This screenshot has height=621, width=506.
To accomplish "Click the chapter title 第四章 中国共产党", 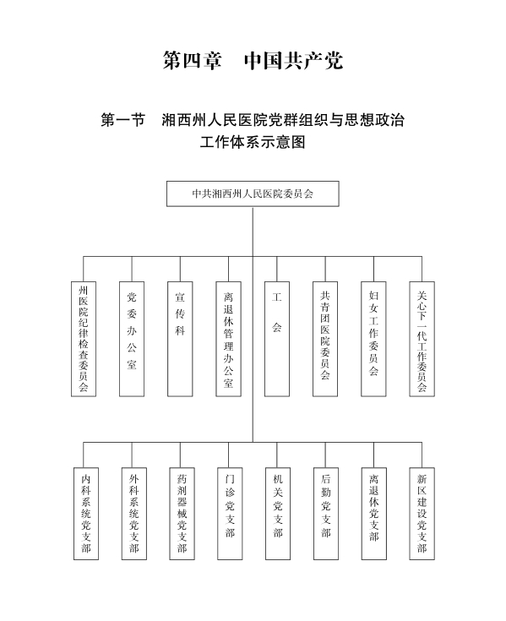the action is point(253,61).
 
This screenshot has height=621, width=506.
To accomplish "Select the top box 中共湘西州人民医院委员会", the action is point(253,193).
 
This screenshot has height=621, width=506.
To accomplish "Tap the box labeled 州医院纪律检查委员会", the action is point(84,339).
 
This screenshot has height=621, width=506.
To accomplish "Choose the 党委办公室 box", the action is point(132,339).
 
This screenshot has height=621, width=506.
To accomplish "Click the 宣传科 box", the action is point(180,339).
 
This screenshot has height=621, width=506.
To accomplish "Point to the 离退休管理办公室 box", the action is point(228,339).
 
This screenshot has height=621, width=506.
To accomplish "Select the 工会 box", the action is point(277,339).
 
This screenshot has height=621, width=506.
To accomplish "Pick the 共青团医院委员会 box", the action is point(325,339).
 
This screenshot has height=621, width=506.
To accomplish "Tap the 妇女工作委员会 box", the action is point(373,339).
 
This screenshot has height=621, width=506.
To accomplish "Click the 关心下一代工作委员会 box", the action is point(422,339).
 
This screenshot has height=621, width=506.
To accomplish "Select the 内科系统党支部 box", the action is point(86,514).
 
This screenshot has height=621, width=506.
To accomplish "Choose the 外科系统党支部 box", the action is point(133,514).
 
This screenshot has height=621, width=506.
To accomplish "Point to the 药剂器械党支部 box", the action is point(182,514).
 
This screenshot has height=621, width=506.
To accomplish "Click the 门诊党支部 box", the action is point(230,514).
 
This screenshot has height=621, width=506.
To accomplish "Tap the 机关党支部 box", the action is point(278,514).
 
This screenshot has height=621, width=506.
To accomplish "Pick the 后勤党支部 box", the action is point(326,514).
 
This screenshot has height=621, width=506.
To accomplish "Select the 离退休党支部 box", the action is point(373,514).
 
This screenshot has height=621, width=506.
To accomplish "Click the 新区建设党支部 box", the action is point(422,514).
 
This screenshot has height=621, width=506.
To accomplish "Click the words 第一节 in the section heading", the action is point(123,120).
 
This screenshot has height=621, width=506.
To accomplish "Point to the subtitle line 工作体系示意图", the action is point(253,142).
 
